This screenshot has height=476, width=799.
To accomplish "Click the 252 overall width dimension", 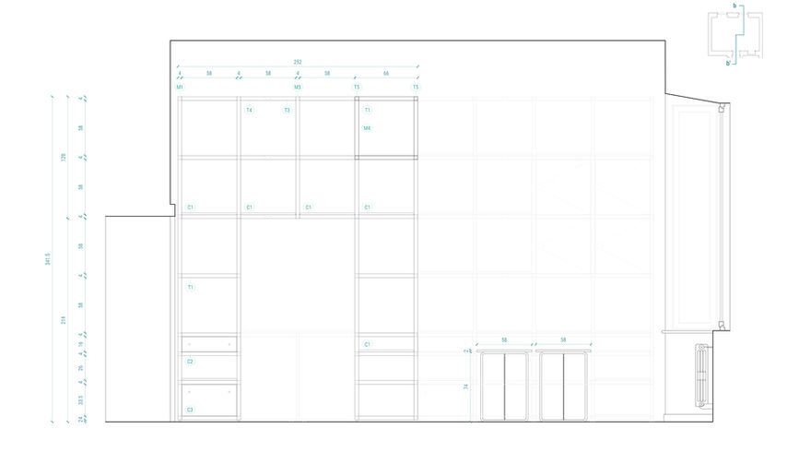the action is tap(298, 62).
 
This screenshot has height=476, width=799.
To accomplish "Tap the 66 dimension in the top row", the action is tap(386, 72).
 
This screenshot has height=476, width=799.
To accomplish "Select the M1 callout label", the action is tap(180, 88).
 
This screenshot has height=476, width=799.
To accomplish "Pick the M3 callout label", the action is tap(298, 88).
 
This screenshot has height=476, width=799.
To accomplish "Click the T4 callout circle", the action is tap(249, 110).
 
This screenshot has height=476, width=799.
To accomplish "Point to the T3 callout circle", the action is tap(287, 110).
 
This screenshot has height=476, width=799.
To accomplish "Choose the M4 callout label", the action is tap(367, 128).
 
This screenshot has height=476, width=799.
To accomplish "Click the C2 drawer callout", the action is tap(190, 362).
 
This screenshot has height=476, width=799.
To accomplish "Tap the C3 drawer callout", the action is tap(190, 410).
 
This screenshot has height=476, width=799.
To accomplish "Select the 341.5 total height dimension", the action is tap(48, 261).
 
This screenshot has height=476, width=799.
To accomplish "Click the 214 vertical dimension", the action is tap(64, 319).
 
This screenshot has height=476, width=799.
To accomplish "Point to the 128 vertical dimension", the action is tap(64, 157).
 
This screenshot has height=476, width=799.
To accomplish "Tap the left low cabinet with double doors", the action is tap(504, 386).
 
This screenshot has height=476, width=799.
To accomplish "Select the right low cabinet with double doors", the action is tap(562, 386).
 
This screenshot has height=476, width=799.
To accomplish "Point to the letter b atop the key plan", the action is tap(734, 6).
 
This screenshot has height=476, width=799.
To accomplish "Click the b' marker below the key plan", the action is tap(728, 64).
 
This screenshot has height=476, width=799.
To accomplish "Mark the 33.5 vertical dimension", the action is tap(81, 401).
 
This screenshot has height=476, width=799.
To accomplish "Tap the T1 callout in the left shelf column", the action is tap(190, 288).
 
